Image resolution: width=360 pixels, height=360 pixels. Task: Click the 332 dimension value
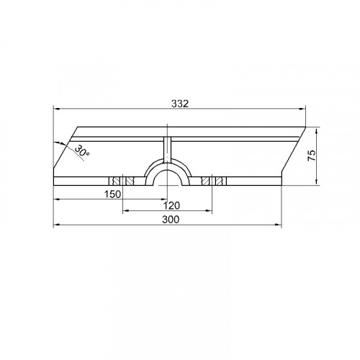pos(180,104)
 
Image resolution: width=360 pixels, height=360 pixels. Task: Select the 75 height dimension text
pos(312,156)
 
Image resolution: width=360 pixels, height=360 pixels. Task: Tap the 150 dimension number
pos(112,194)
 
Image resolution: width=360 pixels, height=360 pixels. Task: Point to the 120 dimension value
pos(171,206)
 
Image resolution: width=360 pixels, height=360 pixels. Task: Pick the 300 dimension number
pos(171,220)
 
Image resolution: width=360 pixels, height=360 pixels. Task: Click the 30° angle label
pos(82,151)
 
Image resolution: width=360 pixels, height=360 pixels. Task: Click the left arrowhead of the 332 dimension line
pos(56,109)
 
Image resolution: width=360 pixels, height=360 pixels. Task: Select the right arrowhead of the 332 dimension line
pos(302,109)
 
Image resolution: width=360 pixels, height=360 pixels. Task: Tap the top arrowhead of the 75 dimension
pos(317,131)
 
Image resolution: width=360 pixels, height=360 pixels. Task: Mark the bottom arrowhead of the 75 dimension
pos(317,181)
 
